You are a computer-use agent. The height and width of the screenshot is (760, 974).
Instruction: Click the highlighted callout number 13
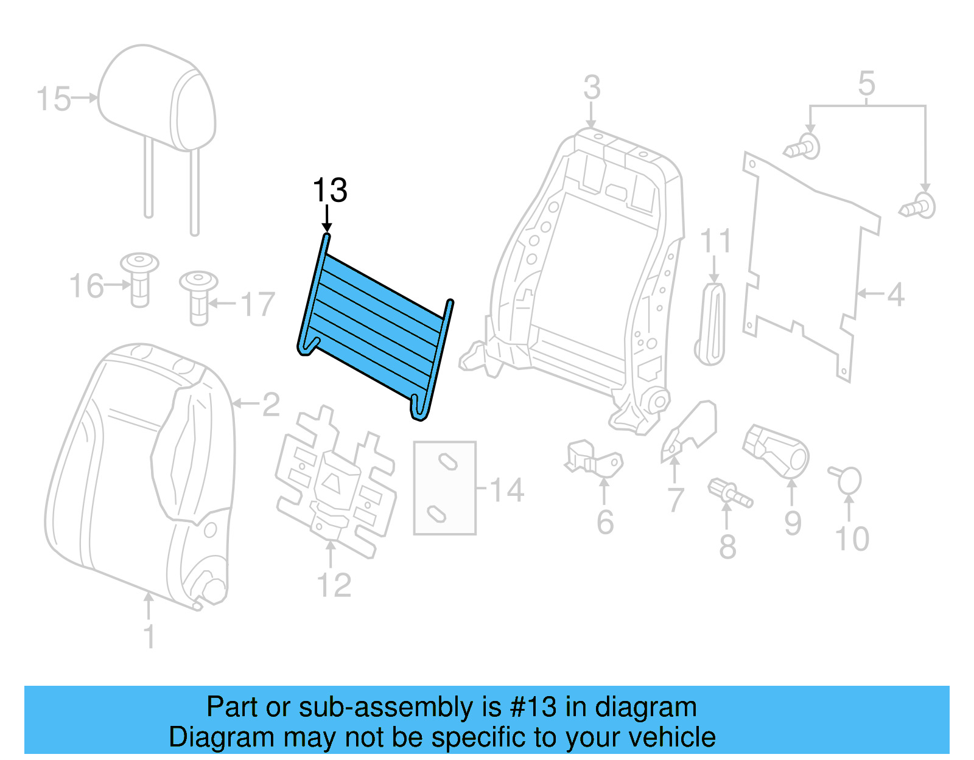pos(329,190)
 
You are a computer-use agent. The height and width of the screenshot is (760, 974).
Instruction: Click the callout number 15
pos(54,99)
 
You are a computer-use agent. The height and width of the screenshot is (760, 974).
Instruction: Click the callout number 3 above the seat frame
pos(592,88)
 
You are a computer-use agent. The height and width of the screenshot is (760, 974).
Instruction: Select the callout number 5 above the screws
pos(866,83)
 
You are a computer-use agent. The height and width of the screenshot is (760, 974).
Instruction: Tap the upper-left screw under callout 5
pos(802,147)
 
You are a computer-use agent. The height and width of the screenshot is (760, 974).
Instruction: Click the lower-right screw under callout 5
pos(919,206)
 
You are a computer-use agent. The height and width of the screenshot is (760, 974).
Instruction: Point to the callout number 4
pos(895,295)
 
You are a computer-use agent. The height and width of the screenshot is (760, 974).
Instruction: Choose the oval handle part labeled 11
pos(710,324)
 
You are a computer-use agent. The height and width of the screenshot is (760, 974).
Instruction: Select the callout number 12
pos(334,585)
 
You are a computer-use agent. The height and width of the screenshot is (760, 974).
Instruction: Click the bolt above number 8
pos(729,492)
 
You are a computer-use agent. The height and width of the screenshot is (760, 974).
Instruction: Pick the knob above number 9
pos(776,450)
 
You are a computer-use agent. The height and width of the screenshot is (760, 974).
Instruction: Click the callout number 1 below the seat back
pos(149,636)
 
